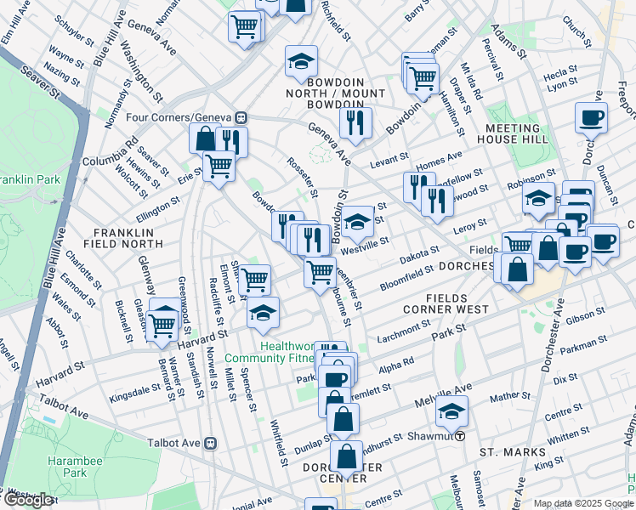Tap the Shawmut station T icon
pos(460,435)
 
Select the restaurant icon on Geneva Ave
pos(355,121)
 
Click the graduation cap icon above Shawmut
pos(451,412)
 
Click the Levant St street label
pos(390,162)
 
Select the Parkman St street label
pos(579,344)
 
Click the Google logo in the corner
pos(28,500)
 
